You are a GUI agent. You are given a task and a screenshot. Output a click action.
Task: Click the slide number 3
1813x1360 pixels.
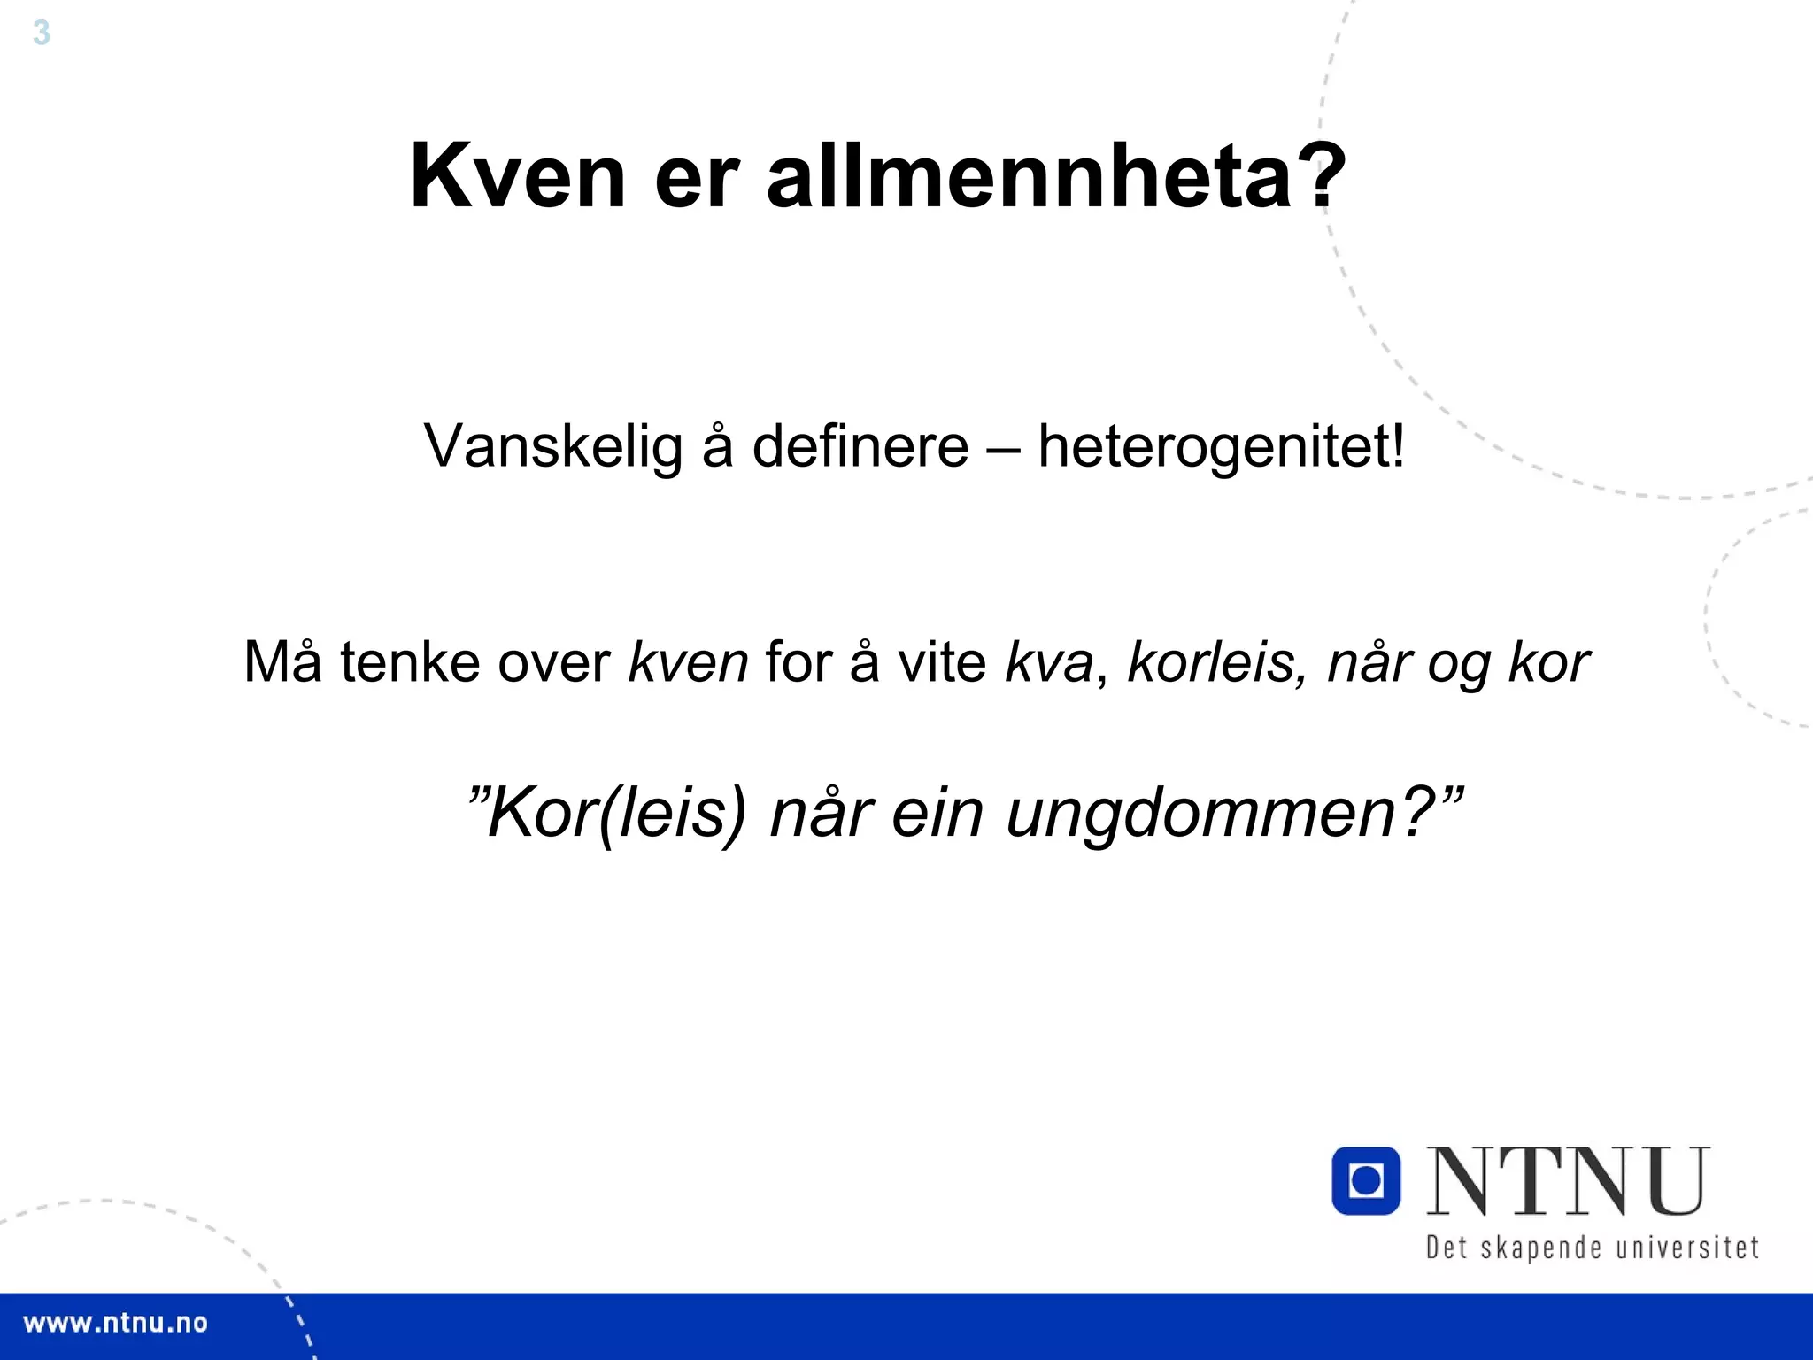click(x=41, y=34)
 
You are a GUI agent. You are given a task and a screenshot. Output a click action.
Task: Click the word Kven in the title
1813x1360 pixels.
click(x=518, y=176)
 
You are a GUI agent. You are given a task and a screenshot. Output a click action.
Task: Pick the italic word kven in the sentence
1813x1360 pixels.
click(x=688, y=661)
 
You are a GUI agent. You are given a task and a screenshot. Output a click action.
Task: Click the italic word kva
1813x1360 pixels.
click(x=1048, y=661)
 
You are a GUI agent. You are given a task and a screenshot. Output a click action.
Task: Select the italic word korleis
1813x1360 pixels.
click(x=1210, y=661)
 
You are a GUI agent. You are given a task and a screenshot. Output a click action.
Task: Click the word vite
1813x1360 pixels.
click(x=942, y=661)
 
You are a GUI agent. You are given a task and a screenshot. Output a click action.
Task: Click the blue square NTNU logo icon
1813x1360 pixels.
click(x=1366, y=1180)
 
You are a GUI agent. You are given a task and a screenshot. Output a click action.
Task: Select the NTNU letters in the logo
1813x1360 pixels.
click(x=1567, y=1181)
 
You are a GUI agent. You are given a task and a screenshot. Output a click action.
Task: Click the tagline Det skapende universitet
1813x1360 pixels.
click(x=1591, y=1248)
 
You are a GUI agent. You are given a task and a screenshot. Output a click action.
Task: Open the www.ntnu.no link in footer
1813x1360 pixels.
click(x=115, y=1324)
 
